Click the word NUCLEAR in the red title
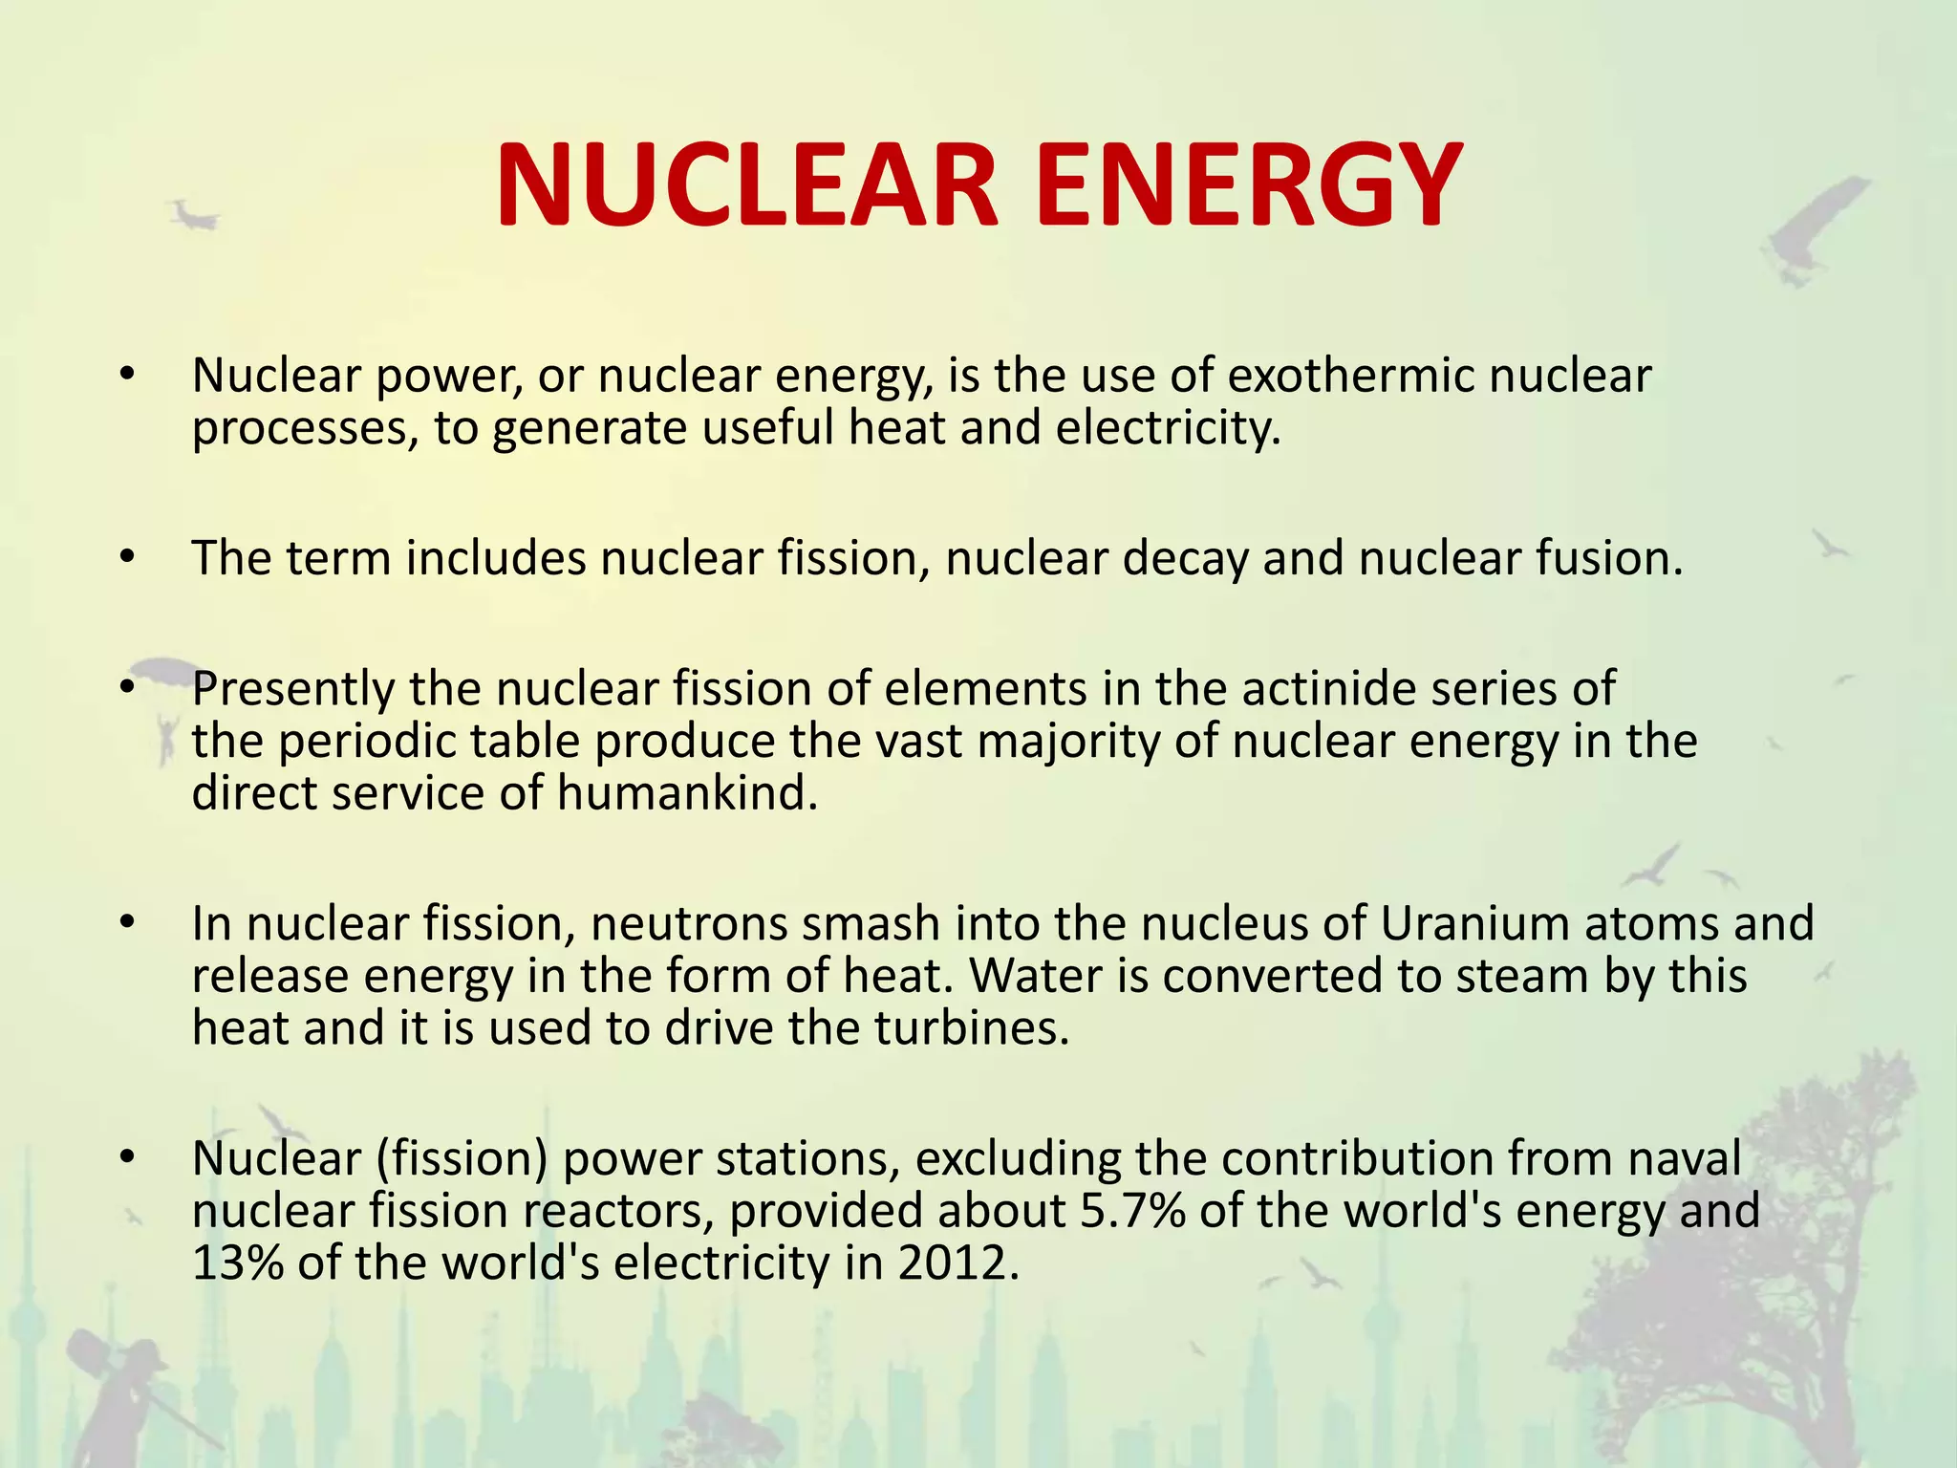point(746,184)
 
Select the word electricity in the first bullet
point(1168,428)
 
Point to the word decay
point(1185,558)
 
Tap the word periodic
point(359,741)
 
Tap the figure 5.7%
point(1132,1211)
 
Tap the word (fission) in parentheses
point(462,1158)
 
